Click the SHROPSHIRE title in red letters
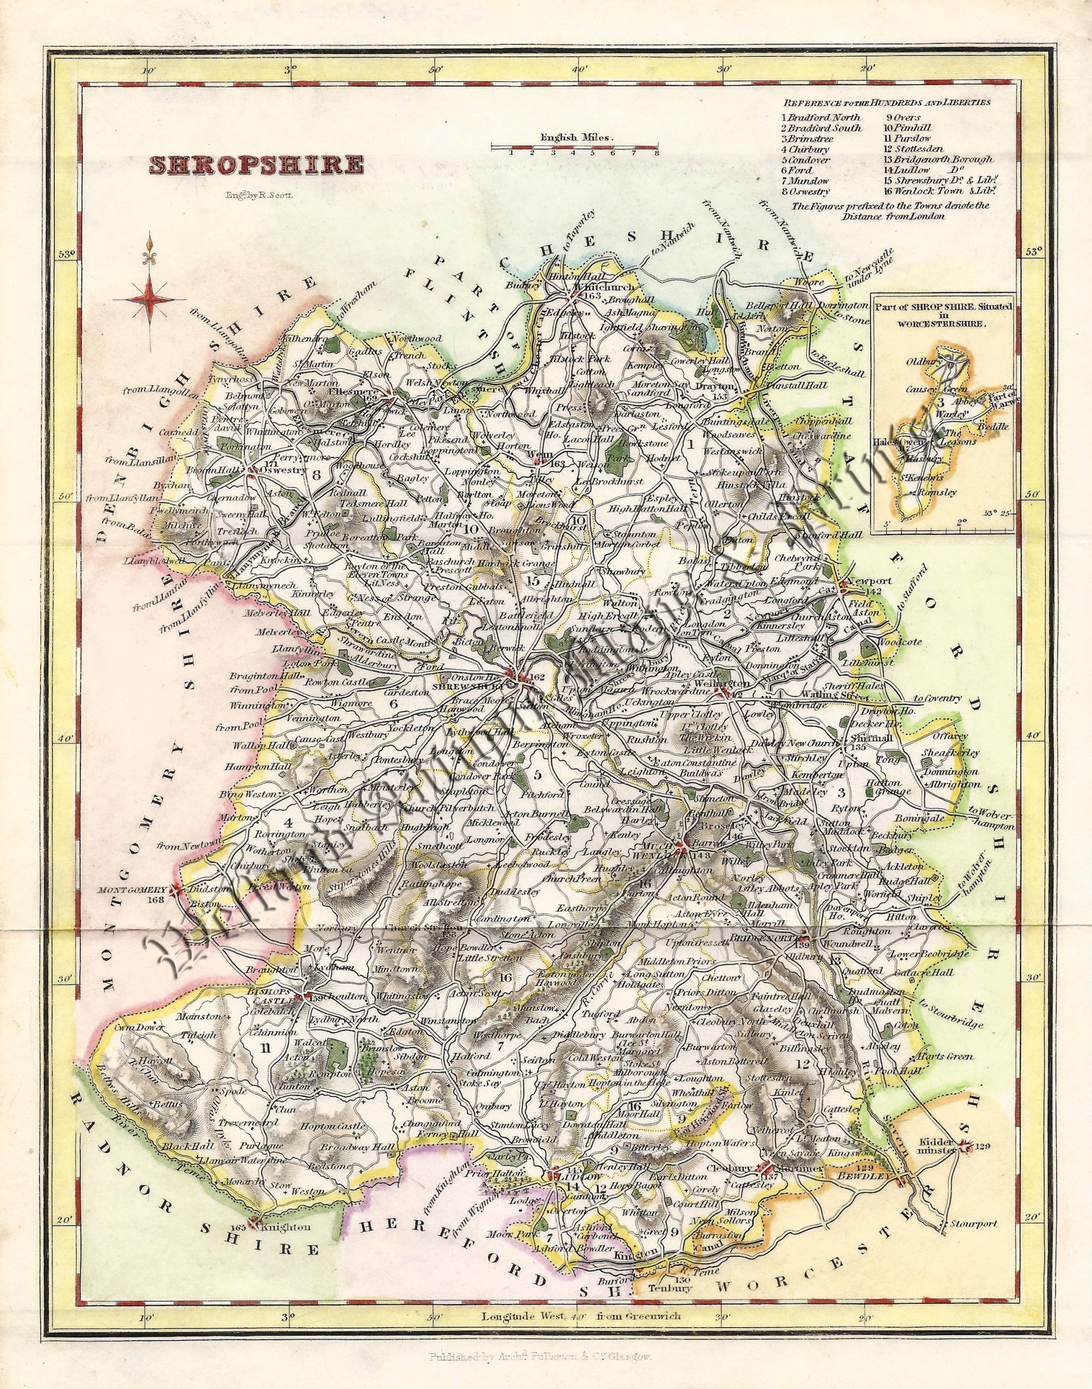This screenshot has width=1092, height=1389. pos(256,165)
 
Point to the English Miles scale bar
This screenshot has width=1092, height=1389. pos(574,148)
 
